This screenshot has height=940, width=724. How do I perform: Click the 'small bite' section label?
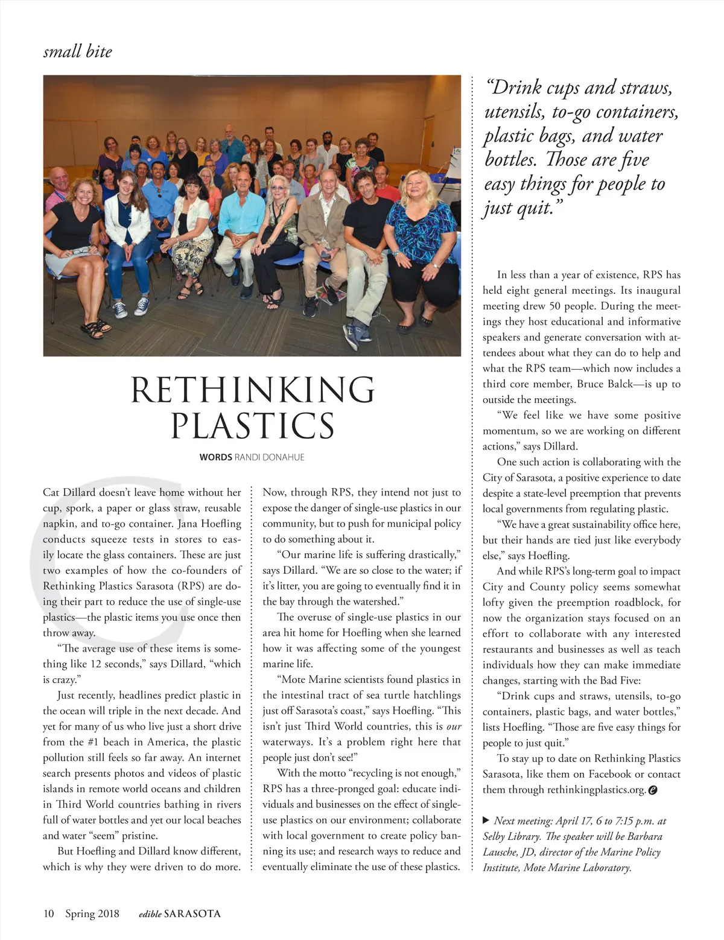click(78, 52)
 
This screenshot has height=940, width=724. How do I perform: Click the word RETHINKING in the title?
click(253, 390)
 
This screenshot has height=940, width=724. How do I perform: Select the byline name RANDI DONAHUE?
click(269, 457)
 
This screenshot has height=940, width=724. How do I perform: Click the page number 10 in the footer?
click(48, 913)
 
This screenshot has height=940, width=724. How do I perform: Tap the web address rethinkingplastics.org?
click(597, 790)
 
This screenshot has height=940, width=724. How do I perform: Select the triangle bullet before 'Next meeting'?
click(486, 821)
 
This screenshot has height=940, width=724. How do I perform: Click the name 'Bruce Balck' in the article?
click(606, 384)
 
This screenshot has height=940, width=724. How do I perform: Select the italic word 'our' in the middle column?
click(454, 726)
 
